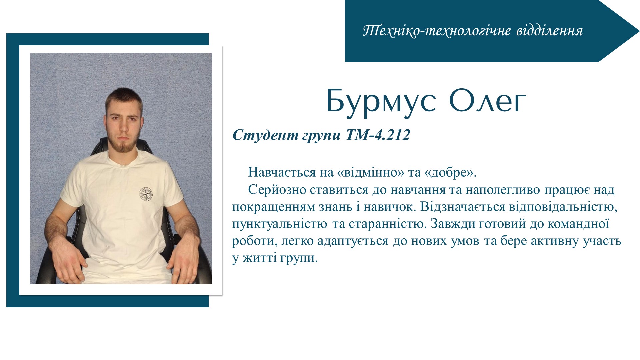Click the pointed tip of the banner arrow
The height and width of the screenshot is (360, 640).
pos(639,31)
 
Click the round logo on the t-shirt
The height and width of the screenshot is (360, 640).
pos(146,194)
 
